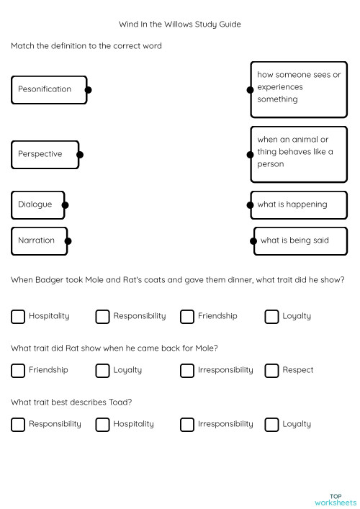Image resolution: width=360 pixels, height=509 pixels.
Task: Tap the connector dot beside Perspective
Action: pos(80,154)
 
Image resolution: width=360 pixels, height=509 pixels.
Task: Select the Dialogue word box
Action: pos(37,204)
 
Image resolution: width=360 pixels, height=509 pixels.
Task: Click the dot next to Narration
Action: pos(68,240)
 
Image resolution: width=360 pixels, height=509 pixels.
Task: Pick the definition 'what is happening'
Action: pos(299,204)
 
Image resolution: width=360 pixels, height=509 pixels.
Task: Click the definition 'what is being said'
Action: pos(301,240)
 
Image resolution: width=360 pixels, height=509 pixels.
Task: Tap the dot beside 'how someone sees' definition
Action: pos(251,90)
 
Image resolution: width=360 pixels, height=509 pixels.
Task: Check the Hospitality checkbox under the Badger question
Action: pos(18,316)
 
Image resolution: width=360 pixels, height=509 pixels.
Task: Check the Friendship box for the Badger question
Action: pos(187,316)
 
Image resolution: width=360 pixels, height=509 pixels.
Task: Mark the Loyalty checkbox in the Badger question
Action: pos(271,316)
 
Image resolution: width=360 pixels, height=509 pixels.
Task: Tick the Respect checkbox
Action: pos(271,370)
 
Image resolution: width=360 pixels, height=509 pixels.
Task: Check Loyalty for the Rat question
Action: pos(102,370)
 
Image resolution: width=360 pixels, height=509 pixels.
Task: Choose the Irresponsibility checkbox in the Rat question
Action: pos(187,370)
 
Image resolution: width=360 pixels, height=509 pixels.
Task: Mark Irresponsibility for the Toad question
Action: pos(187,424)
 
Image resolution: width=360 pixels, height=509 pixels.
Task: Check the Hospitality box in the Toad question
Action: pos(102,424)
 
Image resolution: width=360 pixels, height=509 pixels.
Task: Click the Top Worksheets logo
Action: pos(335,499)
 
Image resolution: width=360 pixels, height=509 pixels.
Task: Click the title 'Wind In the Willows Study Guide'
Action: pos(180,24)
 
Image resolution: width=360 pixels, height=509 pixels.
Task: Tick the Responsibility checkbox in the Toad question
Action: pos(18,424)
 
